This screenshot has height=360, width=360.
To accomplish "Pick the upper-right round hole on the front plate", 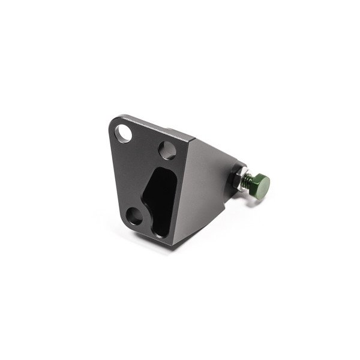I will (x=166, y=148).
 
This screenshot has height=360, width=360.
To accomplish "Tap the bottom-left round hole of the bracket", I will (x=134, y=215).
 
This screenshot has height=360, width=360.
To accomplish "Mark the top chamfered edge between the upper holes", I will (x=153, y=127).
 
